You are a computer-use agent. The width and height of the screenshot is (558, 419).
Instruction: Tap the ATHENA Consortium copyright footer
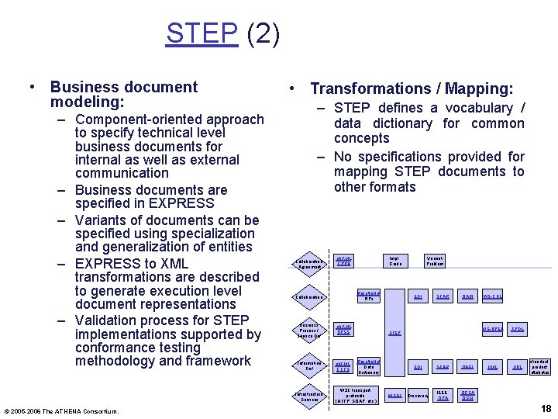pyautogui.click(x=62, y=410)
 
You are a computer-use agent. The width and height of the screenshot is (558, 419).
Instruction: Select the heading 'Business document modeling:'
pyautogui.click(x=124, y=95)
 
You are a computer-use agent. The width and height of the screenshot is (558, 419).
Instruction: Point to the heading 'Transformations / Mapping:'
pyautogui.click(x=411, y=89)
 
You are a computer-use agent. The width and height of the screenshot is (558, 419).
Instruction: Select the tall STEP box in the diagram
pyautogui.click(x=395, y=332)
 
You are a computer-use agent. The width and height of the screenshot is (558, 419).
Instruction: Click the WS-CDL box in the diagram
pyautogui.click(x=493, y=296)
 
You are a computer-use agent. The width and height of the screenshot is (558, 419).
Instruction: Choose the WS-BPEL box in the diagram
pyautogui.click(x=493, y=329)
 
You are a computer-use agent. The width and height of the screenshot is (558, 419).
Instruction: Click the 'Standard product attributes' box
pyautogui.click(x=539, y=366)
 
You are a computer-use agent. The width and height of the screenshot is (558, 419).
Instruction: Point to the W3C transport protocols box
pyautogui.click(x=358, y=396)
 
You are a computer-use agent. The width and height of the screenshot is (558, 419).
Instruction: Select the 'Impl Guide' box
pyautogui.click(x=395, y=262)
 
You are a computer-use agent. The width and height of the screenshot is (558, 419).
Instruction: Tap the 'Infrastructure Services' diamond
pyautogui.click(x=310, y=396)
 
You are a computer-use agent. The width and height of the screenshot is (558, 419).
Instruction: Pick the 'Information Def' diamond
pyautogui.click(x=310, y=365)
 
